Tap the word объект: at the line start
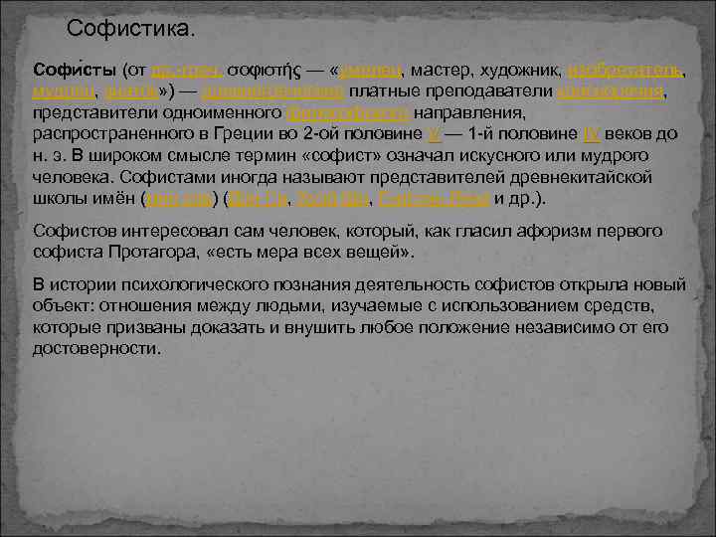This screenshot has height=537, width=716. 65,304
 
